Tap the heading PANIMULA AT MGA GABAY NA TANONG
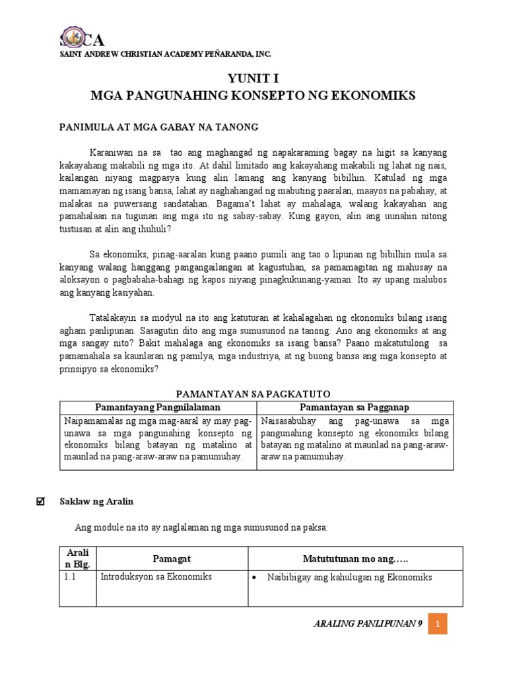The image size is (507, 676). [159, 127]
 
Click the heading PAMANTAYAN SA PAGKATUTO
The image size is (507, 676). [256, 393]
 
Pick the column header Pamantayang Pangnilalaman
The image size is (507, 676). [158, 407]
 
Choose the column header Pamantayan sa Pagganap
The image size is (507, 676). [355, 407]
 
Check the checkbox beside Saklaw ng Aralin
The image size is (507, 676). [38, 502]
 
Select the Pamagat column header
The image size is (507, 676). [172, 558]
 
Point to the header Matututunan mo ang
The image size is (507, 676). [355, 559]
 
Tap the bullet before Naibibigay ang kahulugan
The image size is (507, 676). [255, 578]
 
